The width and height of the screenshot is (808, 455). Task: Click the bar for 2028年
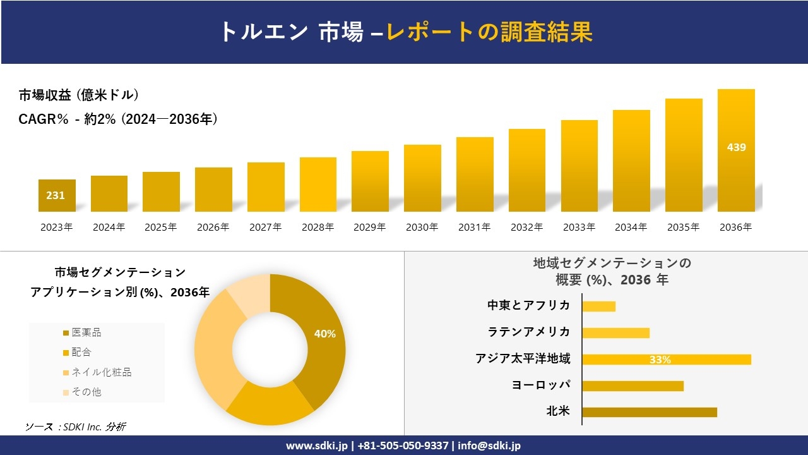pos(318,185)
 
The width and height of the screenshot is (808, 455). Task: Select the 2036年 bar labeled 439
pos(736,150)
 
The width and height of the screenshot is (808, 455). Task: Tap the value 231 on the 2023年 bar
pos(56,196)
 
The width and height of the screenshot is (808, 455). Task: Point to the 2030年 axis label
pos(422,227)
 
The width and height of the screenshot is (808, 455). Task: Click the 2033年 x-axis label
pos(579,227)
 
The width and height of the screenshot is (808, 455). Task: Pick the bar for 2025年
pos(161,191)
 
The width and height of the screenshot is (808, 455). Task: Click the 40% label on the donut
pos(325,334)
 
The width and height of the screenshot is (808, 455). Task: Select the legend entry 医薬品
pos(86,332)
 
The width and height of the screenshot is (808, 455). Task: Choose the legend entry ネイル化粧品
pos(101,372)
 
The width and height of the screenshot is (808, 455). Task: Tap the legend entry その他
pos(86,392)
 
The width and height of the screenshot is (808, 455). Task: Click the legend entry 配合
pos(81,352)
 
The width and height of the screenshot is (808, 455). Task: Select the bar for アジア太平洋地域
pos(666,360)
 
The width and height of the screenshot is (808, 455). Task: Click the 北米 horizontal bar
pos(649,412)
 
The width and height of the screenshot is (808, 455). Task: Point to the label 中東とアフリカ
pos(528,306)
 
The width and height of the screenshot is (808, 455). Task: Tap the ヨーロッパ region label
pos(541,385)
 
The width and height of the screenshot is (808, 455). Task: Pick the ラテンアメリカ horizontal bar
pos(615,333)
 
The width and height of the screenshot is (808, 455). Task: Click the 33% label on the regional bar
pos(660,360)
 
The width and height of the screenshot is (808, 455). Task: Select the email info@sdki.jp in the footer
pos(489,446)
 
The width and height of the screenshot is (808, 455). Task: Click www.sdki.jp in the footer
pos(315,446)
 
